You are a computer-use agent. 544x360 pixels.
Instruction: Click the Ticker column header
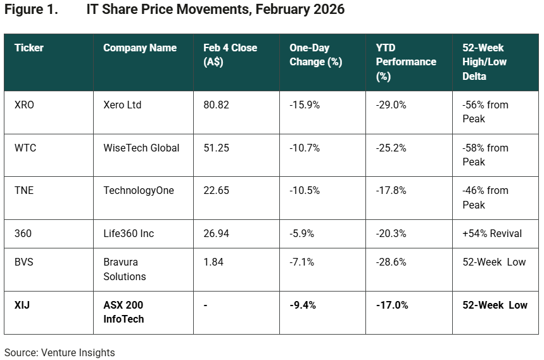point(29,48)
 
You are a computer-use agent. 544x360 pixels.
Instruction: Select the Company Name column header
point(139,48)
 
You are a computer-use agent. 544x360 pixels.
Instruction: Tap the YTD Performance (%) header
point(405,62)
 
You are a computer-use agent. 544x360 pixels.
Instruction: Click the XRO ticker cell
point(24,105)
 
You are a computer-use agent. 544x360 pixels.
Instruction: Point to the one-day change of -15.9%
point(305,105)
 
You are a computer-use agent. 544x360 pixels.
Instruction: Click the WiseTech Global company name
point(141,148)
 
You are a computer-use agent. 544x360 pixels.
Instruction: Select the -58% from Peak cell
point(485,155)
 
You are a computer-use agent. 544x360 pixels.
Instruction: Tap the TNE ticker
point(24,191)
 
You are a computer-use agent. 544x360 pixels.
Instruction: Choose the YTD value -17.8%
point(391,191)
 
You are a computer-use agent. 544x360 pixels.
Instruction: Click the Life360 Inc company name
point(129,234)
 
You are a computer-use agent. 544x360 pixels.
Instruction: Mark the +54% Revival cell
point(492,234)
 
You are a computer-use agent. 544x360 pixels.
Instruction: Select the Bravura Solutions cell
point(124,269)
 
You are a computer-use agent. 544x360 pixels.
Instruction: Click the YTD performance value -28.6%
point(391,262)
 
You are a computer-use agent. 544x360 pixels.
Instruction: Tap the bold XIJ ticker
point(22,305)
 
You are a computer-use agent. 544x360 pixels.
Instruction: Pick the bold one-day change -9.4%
point(303,305)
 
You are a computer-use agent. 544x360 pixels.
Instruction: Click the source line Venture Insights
point(60,352)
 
